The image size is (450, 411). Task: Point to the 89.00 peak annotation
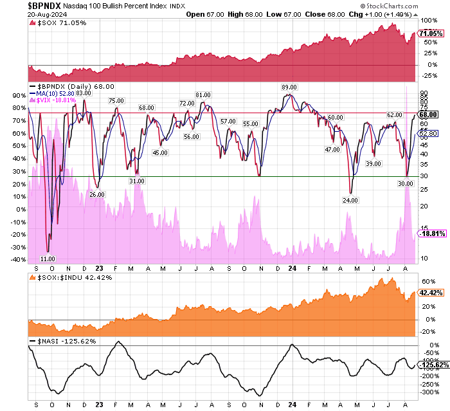[288, 87]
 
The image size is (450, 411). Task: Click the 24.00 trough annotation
[350, 200]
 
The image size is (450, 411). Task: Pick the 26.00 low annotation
[97, 194]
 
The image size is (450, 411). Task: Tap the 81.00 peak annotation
[204, 95]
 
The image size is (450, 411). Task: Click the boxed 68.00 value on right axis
[428, 114]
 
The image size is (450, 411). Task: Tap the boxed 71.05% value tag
[430, 33]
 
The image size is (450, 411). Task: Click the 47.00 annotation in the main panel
[332, 149]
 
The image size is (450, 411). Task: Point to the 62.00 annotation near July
[394, 114]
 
